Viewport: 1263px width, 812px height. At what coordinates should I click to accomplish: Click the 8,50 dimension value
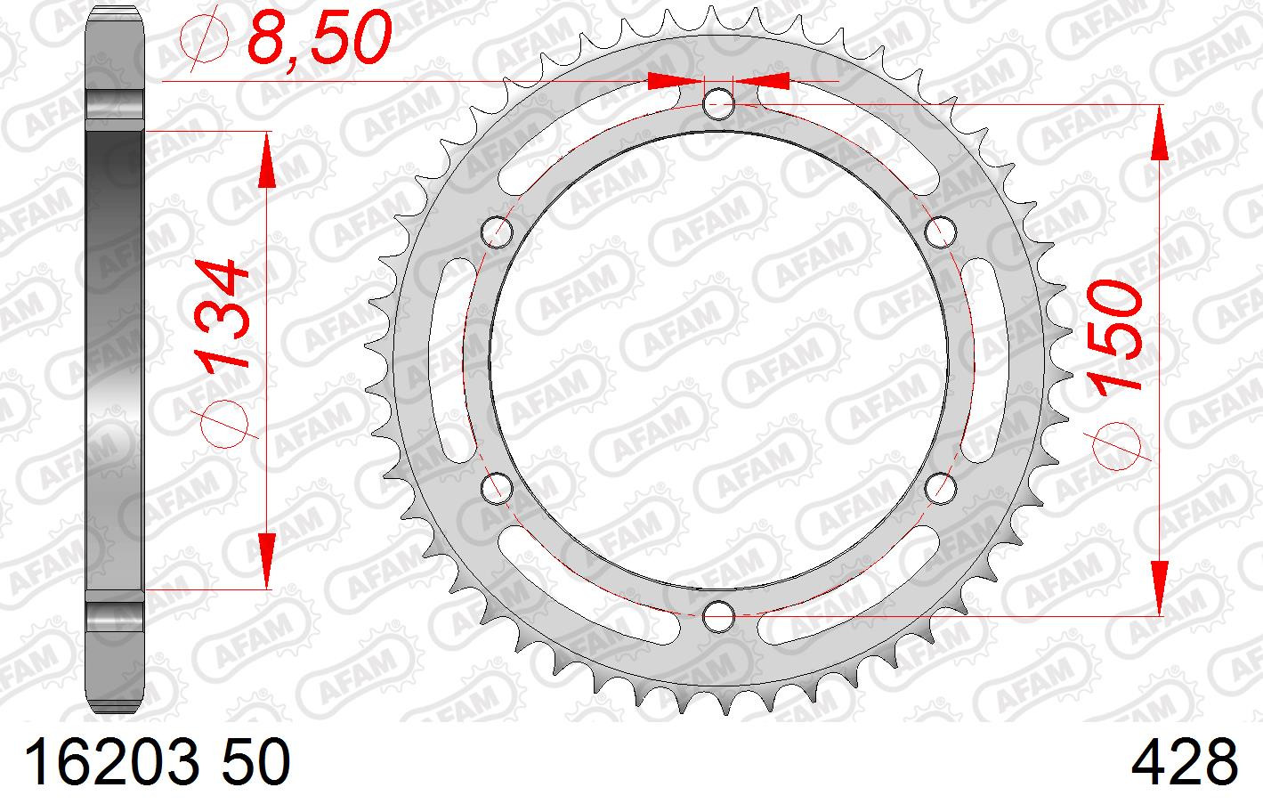tap(320, 38)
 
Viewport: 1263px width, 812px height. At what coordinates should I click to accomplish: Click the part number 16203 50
tap(158, 763)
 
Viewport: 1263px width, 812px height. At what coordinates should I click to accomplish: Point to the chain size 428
tap(1184, 763)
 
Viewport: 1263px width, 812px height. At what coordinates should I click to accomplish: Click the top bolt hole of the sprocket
tap(719, 104)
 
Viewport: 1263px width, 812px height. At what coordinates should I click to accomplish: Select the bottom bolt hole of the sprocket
tap(719, 616)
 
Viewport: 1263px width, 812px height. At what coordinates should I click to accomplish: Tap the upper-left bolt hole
tap(498, 231)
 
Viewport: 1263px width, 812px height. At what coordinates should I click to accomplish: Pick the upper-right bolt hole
tap(941, 231)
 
